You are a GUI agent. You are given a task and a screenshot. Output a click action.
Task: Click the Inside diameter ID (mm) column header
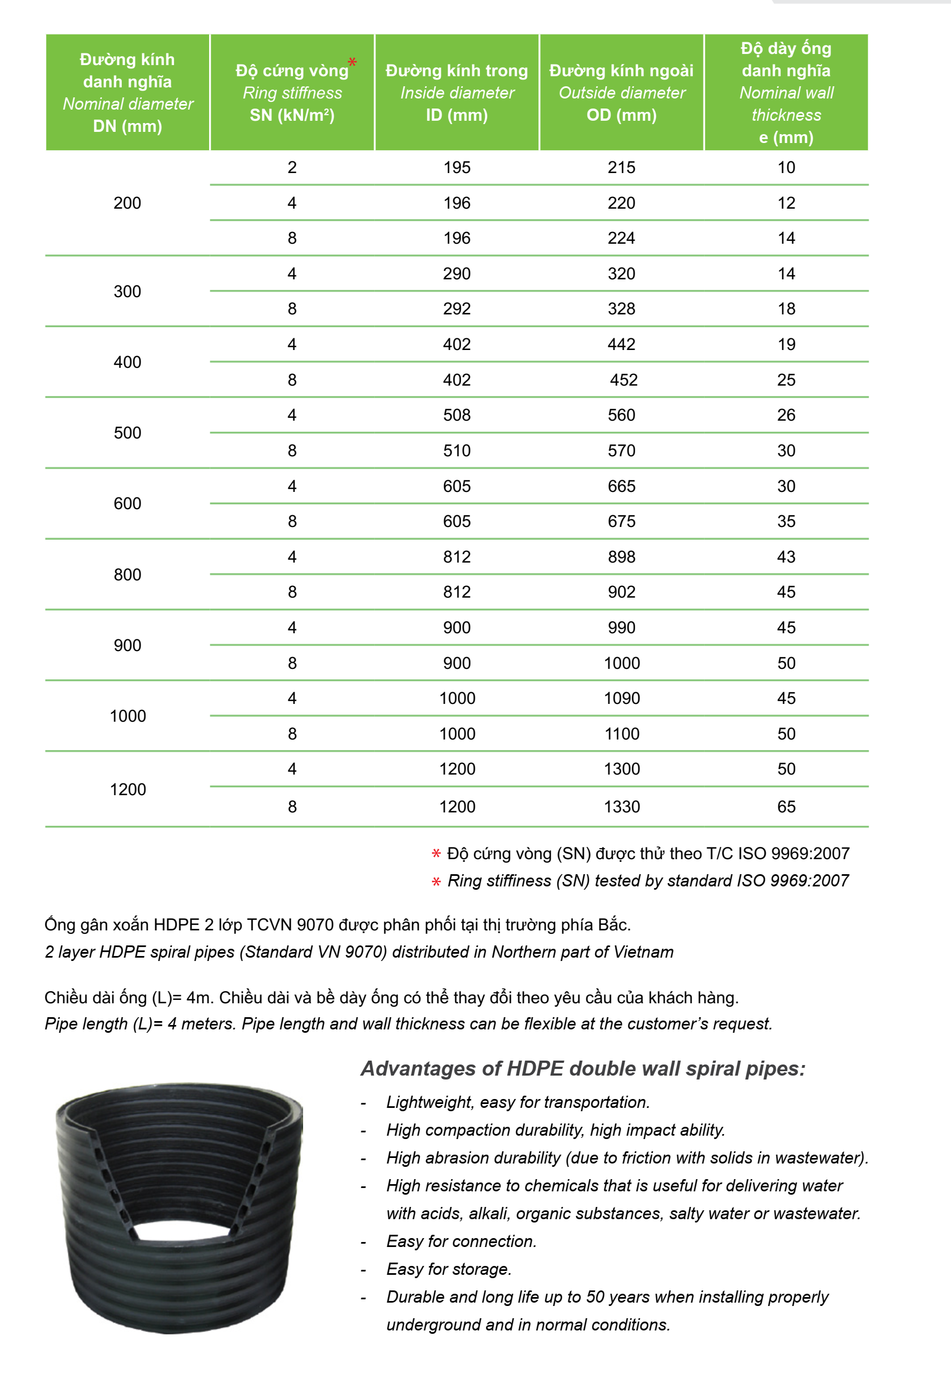[457, 92]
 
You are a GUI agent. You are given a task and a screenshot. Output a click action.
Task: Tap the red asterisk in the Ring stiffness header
[352, 62]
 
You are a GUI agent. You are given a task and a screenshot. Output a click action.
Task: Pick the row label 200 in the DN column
[127, 203]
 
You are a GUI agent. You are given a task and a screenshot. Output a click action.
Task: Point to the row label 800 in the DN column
[127, 575]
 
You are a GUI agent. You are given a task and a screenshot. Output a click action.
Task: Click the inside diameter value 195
[457, 167]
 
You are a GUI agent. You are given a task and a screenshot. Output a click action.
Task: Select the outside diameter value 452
[623, 380]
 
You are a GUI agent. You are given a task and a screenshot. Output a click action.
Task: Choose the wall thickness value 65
[786, 807]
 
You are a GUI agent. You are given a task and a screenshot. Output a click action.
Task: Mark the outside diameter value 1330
[622, 807]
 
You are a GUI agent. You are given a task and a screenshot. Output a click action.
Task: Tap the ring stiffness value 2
[292, 167]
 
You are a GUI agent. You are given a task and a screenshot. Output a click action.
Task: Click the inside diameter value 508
[457, 415]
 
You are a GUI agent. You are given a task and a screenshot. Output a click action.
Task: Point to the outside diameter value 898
[622, 557]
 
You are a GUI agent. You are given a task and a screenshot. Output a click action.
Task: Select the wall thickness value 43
[786, 557]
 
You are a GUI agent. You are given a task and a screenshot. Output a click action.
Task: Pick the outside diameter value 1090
[622, 698]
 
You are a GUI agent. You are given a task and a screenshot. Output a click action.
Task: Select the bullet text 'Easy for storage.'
[449, 1269]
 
